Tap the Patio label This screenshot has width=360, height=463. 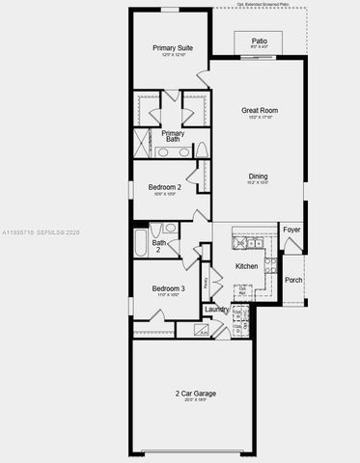point(259,41)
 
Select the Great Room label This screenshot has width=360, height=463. point(259,111)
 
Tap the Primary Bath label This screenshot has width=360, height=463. point(173,137)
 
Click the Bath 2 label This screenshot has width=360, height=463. point(158,246)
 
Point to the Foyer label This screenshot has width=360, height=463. point(291,231)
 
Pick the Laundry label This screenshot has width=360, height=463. point(217,310)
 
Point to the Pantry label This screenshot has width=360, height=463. point(206,284)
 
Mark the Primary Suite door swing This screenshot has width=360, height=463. point(203,77)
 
